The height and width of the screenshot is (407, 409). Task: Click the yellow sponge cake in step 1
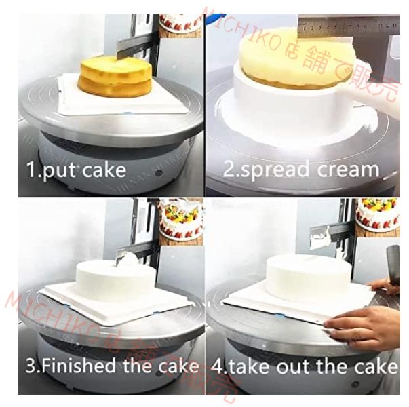115,77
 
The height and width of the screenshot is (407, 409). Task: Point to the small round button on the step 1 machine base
157,172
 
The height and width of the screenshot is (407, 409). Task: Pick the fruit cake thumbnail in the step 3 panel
181,218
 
